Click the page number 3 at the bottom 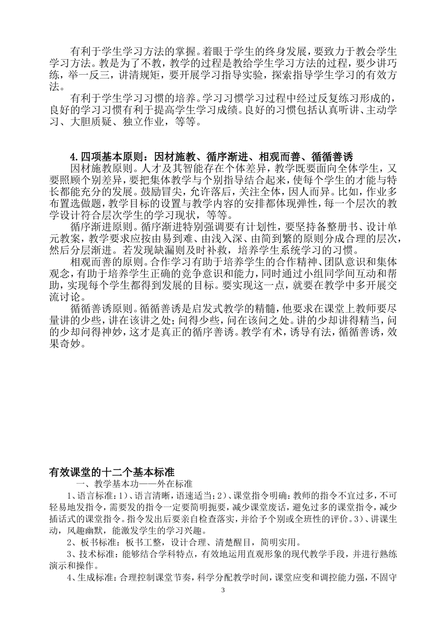223,590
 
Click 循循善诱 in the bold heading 332,156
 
